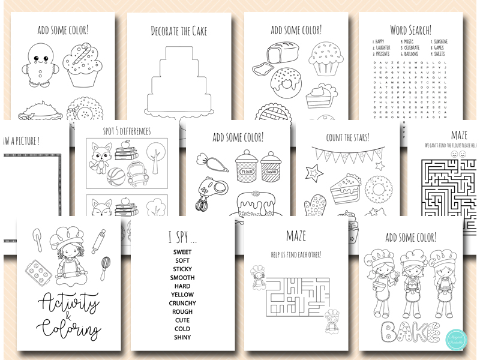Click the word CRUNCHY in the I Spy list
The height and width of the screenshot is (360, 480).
click(182, 303)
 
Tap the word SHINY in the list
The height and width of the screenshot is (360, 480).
click(182, 337)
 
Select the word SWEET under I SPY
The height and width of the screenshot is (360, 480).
click(182, 253)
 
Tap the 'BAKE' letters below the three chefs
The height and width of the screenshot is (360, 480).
click(409, 329)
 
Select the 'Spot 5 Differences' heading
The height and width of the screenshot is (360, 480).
click(126, 131)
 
